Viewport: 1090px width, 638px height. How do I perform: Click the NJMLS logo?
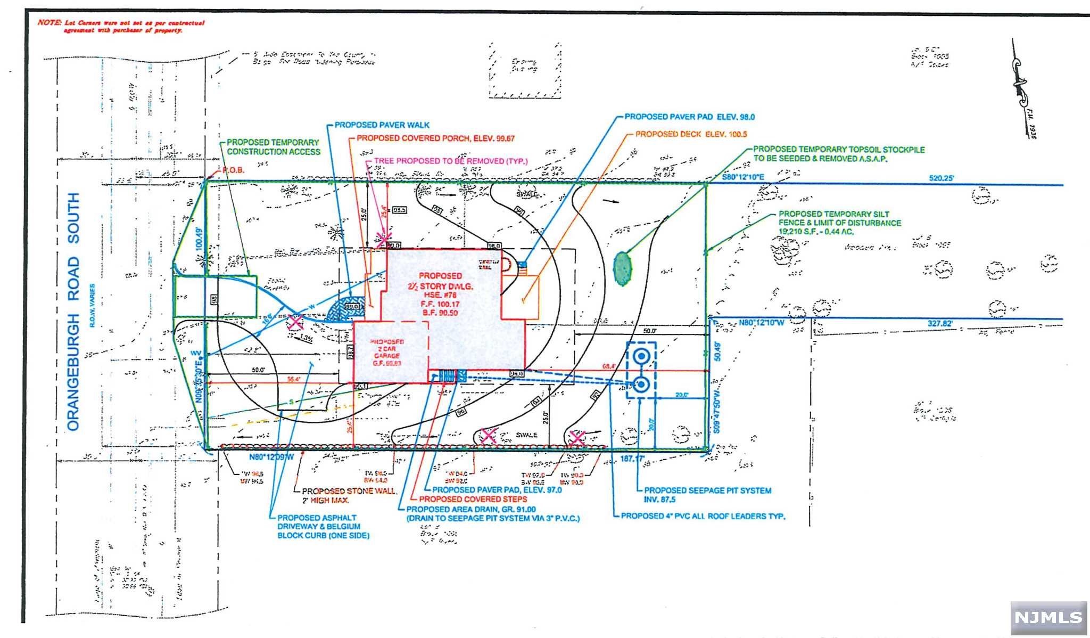(1048, 618)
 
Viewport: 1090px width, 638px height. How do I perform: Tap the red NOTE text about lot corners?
(121, 27)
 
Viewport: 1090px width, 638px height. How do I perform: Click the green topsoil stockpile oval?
(622, 267)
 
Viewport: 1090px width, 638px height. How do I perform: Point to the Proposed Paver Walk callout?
(382, 125)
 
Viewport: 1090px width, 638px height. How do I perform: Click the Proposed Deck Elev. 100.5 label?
(691, 134)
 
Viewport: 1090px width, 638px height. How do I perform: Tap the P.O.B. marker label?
(233, 170)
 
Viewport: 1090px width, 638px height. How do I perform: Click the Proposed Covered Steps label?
(473, 499)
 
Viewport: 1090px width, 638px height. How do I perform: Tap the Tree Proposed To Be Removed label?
(450, 161)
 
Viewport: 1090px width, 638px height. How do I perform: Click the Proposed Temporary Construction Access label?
(274, 147)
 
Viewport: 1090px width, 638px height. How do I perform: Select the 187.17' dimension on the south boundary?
(633, 458)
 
